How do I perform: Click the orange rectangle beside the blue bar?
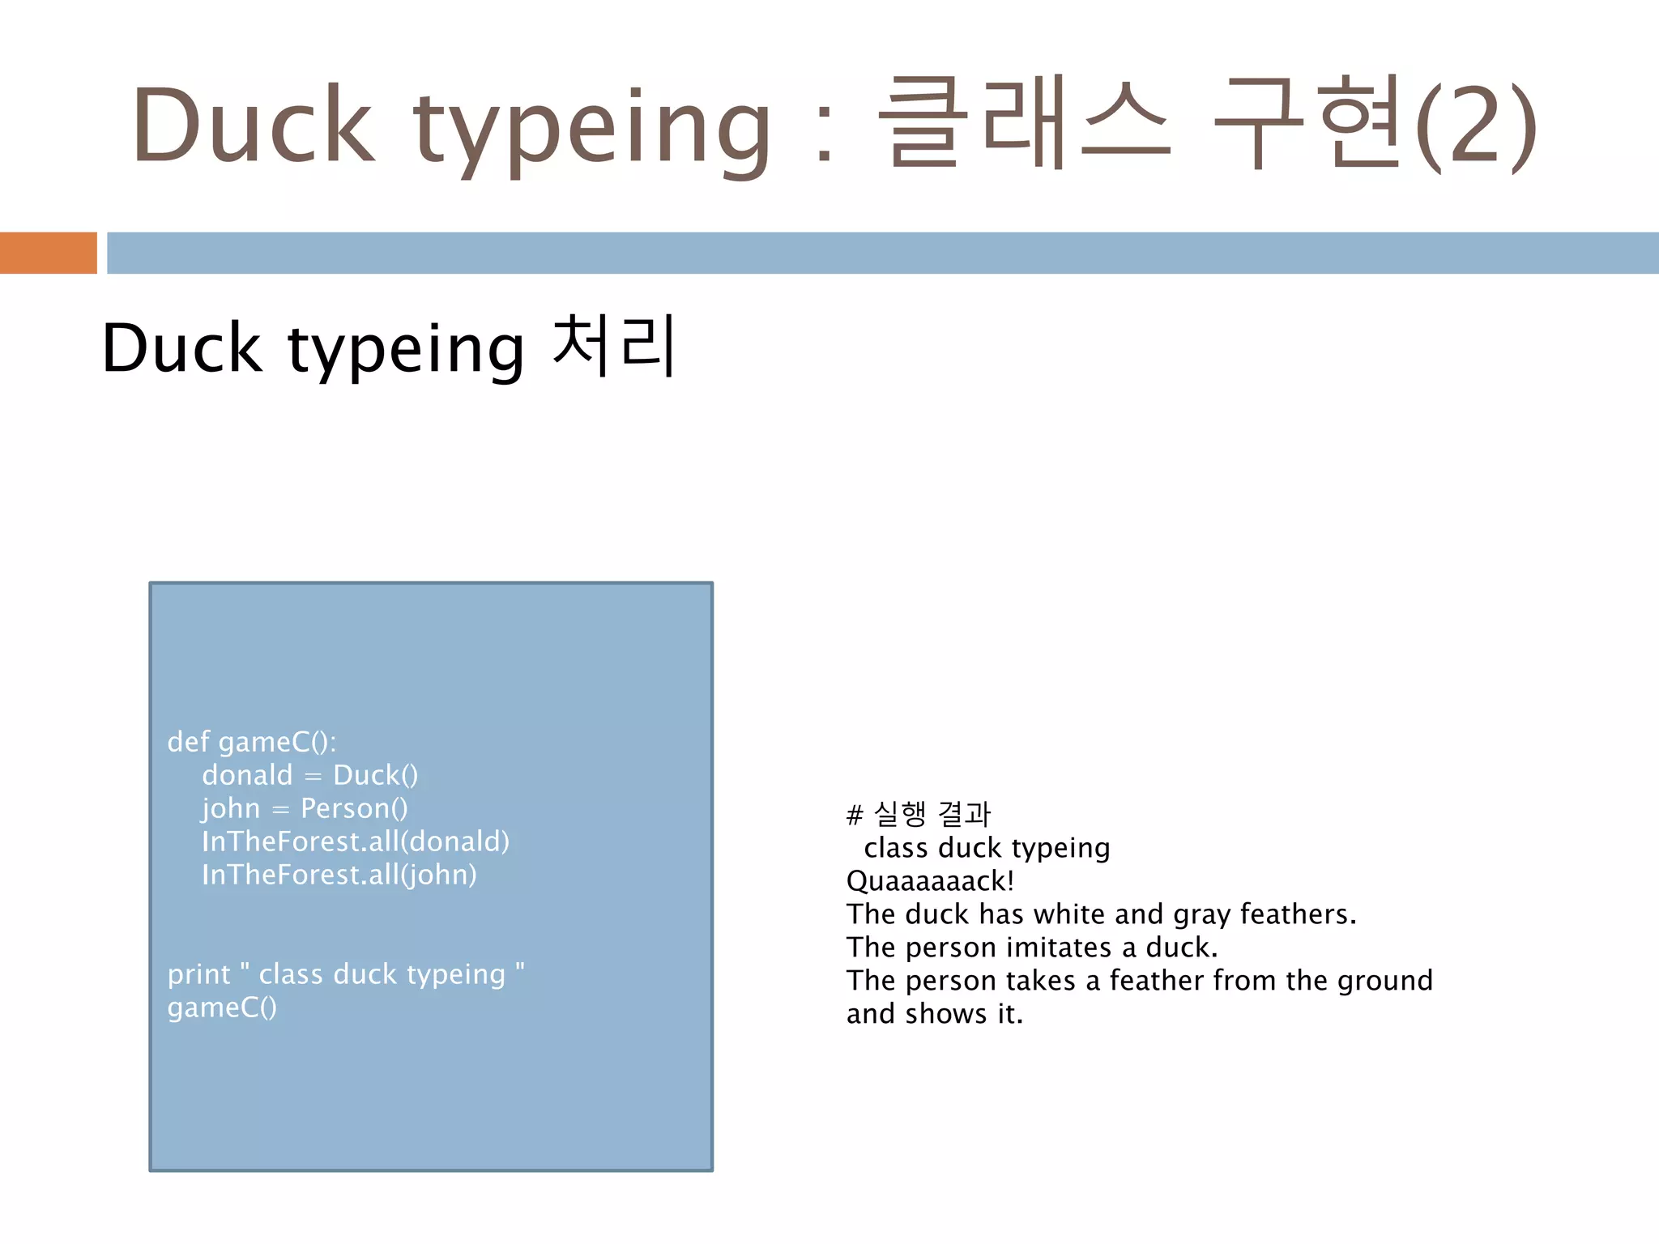[x=48, y=253]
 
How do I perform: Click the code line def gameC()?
[x=251, y=742]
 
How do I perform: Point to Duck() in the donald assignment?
[x=375, y=776]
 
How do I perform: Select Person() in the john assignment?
[x=354, y=808]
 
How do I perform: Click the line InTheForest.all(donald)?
[x=356, y=841]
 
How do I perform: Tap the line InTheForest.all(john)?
[x=339, y=875]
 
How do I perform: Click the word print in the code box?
[x=198, y=974]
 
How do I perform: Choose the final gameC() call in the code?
[x=222, y=1008]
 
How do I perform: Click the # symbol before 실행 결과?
[x=855, y=815]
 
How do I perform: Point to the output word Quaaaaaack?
[x=930, y=881]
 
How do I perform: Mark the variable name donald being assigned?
[x=247, y=776]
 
